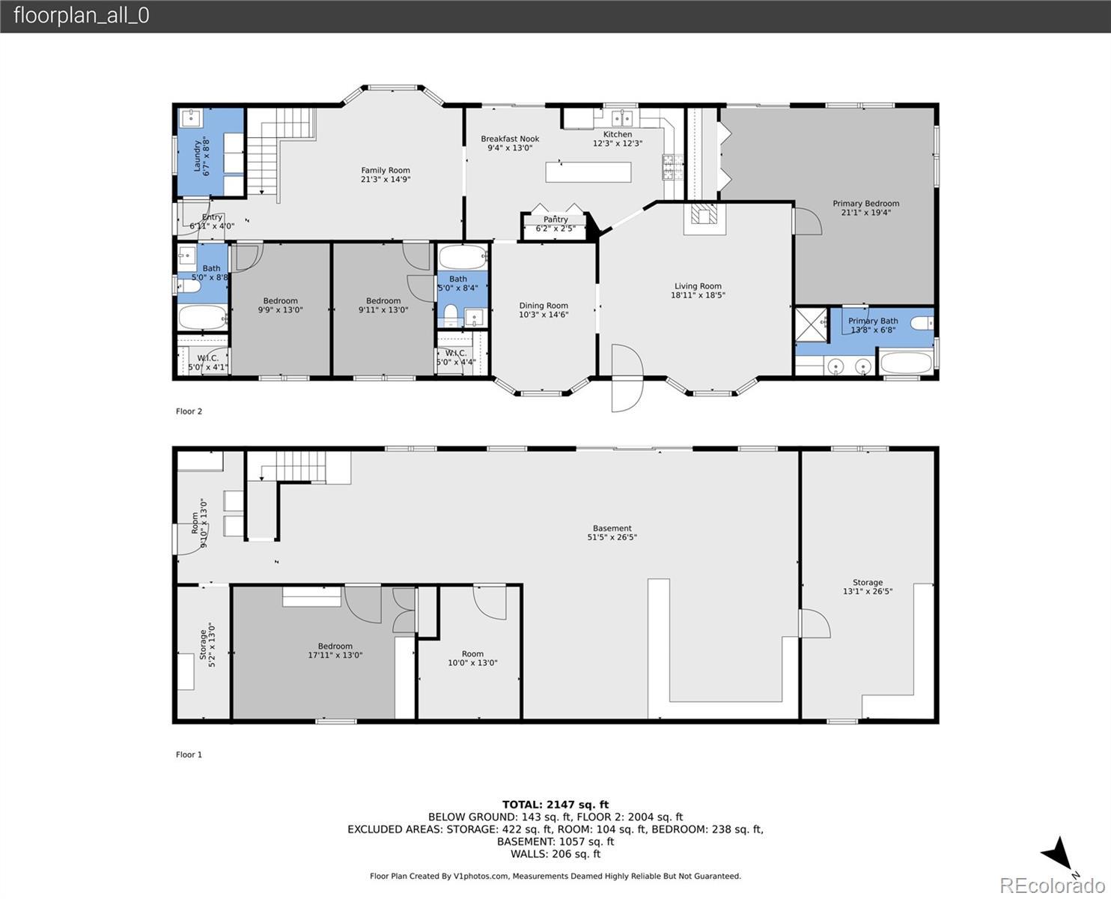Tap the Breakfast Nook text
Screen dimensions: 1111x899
510,139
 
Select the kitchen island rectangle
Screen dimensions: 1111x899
588,172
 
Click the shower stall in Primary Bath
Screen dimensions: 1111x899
811,324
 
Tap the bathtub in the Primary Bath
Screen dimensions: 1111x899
906,363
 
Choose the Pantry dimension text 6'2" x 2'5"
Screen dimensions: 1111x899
555,228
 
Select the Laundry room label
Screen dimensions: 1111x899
197,156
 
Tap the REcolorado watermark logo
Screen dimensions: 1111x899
1052,886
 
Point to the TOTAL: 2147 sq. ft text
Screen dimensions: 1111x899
555,805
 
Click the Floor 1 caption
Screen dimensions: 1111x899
189,754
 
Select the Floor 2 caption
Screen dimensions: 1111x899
189,411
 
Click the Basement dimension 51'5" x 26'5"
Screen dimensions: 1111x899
612,537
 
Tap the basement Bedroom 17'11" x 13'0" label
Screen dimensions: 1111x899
335,650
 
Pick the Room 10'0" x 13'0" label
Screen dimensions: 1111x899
472,658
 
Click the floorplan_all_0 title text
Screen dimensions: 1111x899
82,16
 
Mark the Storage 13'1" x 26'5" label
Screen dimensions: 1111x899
868,587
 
